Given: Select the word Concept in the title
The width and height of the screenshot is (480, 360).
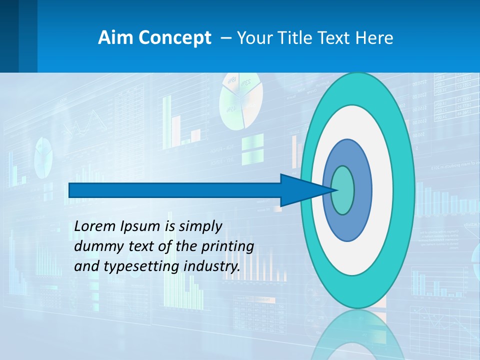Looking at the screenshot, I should (174, 38).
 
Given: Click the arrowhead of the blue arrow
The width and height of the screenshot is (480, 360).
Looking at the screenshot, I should (300, 190).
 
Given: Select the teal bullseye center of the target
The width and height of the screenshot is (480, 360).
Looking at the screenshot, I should (342, 190).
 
